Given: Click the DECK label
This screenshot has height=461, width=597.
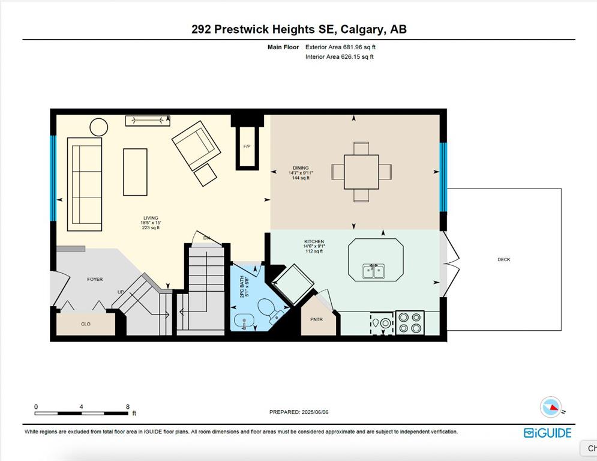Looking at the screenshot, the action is tap(503, 259).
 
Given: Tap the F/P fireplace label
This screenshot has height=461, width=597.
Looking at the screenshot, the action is tap(247, 146).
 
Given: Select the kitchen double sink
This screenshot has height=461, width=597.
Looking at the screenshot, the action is tap(374, 271).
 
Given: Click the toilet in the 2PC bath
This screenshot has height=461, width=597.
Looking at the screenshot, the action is tap(270, 309).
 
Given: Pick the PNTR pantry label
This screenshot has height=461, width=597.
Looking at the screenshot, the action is tap(316, 319).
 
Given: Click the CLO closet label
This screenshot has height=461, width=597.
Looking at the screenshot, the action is tap(86, 324).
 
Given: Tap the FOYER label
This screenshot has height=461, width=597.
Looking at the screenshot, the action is tap(95, 279).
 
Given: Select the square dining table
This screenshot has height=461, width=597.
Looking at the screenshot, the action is tap(361, 172).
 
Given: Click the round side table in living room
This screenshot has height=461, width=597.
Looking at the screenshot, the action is tap(98, 127).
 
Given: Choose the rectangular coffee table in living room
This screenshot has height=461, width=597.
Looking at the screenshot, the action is tap(135, 172).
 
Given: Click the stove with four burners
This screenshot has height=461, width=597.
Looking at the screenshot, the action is tap(410, 323).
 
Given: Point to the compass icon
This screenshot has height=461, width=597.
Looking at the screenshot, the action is tap(551, 407).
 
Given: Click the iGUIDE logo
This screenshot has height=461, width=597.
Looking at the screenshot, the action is tap(548, 433).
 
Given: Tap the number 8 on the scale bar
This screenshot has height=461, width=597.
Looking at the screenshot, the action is tap(128, 406).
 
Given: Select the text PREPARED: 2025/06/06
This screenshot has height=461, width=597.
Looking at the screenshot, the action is tap(299, 412).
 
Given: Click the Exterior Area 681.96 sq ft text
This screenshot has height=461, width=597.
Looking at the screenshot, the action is tap(340, 47).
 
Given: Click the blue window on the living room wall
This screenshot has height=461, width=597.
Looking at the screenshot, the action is tap(53, 178).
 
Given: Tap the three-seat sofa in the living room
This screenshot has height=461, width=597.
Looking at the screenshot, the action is tap(85, 184).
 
